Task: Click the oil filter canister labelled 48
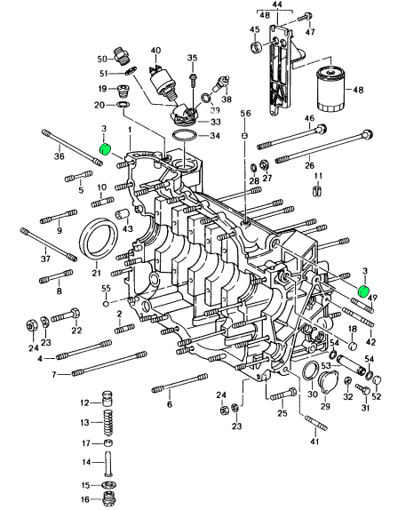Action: pyautogui.click(x=330, y=89)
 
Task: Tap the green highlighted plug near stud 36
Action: pyautogui.click(x=105, y=149)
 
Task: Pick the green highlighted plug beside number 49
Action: pyautogui.click(x=363, y=291)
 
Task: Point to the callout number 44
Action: pyautogui.click(x=277, y=4)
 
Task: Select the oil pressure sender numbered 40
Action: pyautogui.click(x=161, y=82)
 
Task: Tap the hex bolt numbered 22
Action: pyautogui.click(x=67, y=315)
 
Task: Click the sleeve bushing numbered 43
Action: pyautogui.click(x=123, y=216)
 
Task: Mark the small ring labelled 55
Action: pyautogui.click(x=106, y=304)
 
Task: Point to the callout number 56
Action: pyautogui.click(x=245, y=114)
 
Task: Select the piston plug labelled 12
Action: pyautogui.click(x=108, y=398)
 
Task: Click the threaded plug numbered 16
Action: pyautogui.click(x=108, y=498)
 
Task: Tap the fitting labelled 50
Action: pyautogui.click(x=122, y=55)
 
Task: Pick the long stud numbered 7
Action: pyautogui.click(x=109, y=363)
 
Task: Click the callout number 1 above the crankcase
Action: pyautogui.click(x=130, y=130)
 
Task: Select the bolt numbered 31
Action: pyautogui.click(x=363, y=388)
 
